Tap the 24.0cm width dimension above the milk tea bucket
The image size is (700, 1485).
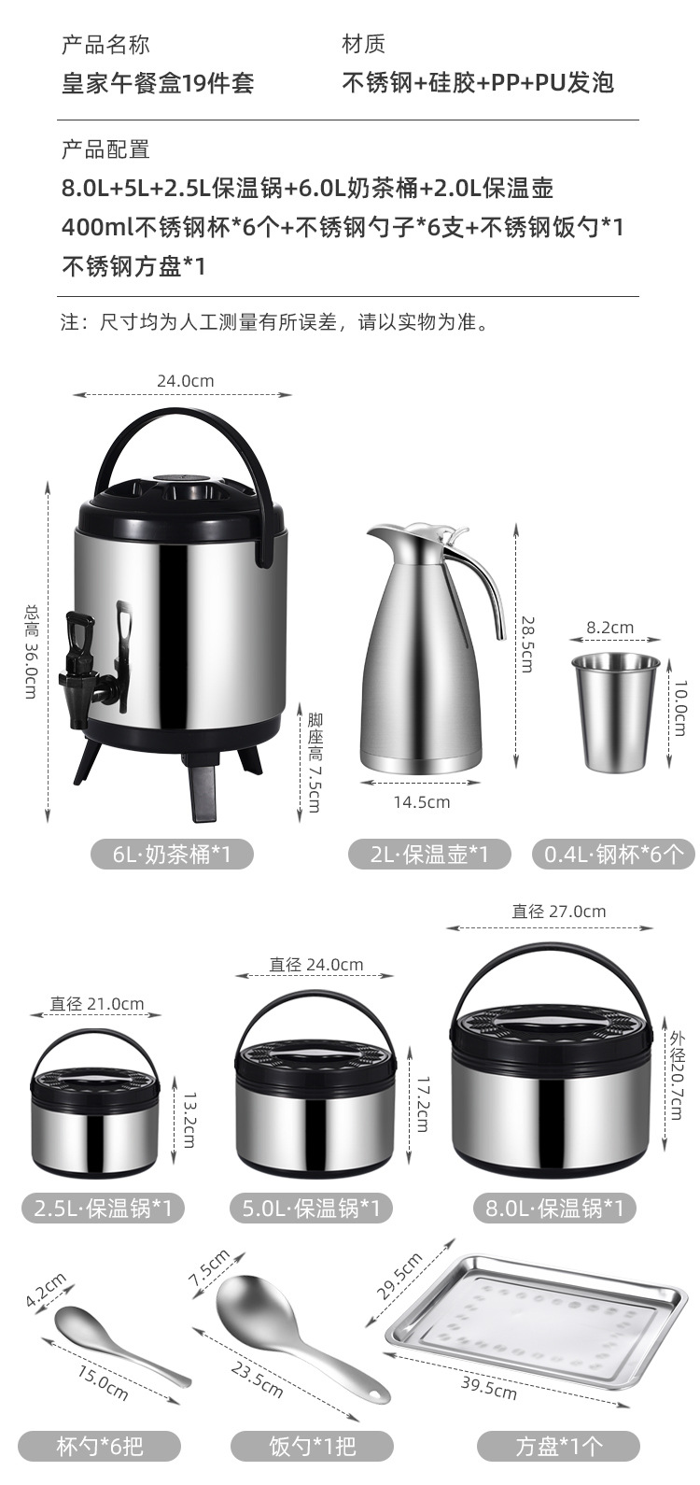[185, 380]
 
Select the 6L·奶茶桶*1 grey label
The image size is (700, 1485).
[172, 854]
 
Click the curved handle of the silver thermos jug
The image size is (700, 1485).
[486, 587]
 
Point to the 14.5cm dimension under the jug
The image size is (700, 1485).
[421, 801]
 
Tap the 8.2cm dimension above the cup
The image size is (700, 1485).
[609, 628]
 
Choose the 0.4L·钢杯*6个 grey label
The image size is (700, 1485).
[613, 854]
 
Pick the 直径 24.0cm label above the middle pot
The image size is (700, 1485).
[316, 964]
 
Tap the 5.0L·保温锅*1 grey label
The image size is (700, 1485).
[312, 1209]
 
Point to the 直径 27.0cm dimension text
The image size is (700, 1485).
[558, 911]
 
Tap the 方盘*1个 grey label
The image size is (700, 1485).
[558, 1447]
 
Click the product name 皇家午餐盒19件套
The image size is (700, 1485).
[158, 82]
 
